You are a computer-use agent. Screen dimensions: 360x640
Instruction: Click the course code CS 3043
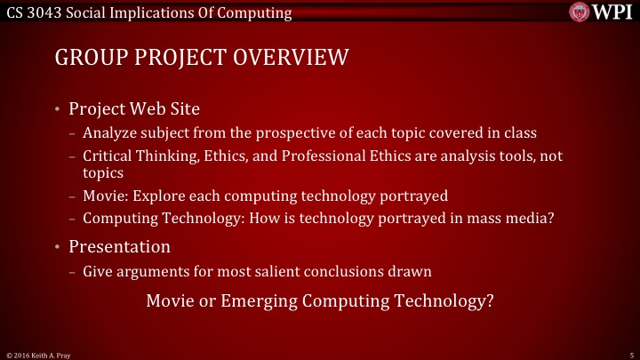tap(31, 12)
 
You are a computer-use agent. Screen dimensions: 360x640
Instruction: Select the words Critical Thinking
tap(139, 155)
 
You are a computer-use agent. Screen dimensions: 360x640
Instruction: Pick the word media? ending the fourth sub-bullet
tap(541, 217)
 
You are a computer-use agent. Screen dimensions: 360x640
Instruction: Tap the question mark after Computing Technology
tap(489, 300)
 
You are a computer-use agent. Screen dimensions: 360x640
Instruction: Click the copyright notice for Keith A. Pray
tap(40, 354)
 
